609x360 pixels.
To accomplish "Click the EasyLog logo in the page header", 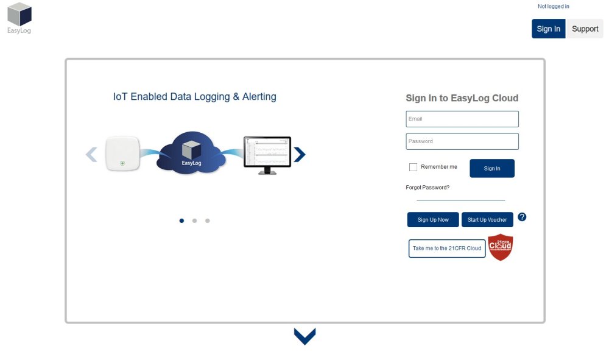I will tap(19, 18).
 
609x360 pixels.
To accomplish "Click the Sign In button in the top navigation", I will tap(548, 29).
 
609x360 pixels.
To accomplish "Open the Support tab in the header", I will tap(585, 29).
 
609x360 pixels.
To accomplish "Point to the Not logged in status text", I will tap(553, 7).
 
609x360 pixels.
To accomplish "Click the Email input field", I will tap(462, 119).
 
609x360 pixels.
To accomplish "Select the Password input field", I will tap(462, 141).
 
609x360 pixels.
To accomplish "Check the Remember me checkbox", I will tap(414, 167).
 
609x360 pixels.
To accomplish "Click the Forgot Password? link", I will tap(428, 188).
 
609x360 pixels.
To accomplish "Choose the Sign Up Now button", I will tap(433, 220).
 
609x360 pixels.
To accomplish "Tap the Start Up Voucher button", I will tap(487, 220).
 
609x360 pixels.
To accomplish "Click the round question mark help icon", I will tap(522, 217).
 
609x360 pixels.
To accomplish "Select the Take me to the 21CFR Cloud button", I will tap(447, 249).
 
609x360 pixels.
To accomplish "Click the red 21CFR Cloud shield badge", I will tap(501, 247).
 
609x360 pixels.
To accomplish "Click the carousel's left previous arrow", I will tap(91, 155).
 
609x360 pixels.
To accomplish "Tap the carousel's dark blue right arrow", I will tap(299, 155).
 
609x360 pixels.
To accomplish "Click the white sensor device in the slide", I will tap(122, 154).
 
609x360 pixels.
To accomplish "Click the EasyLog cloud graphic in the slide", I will tap(191, 154).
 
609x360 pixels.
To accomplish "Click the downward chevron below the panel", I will tap(304, 336).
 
